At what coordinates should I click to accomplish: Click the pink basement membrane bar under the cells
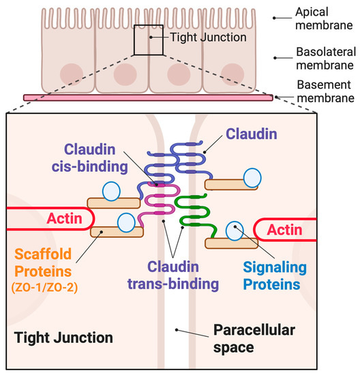[x=149, y=98]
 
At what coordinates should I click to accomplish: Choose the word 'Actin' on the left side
[x=65, y=220]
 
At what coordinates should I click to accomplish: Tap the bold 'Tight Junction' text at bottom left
[x=63, y=337]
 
